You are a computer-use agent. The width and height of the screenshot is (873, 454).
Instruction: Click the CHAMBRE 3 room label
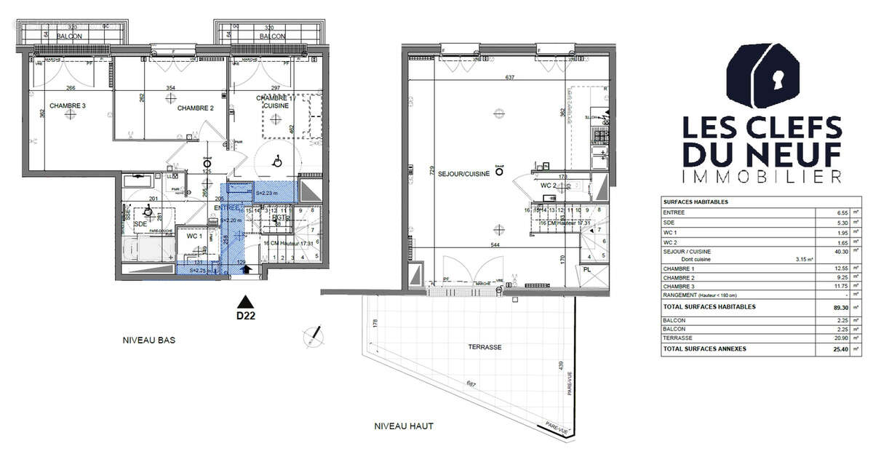coord(67,106)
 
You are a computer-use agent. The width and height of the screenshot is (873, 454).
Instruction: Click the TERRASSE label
coord(485,347)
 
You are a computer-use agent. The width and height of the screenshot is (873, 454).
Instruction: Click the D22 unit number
coord(246,316)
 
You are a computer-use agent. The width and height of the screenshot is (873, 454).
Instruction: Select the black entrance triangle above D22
coord(246,300)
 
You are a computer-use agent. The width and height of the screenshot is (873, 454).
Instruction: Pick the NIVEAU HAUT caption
coord(404,426)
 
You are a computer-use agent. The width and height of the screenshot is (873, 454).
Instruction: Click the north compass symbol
coord(314,335)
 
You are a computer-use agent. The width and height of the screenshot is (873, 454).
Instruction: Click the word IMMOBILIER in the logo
coord(761,176)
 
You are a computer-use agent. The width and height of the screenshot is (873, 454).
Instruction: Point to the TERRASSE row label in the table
coord(678,338)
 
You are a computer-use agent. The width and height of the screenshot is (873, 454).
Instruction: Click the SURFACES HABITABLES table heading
coord(695,202)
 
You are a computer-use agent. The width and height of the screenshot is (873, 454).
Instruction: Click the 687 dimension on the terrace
coord(471,384)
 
